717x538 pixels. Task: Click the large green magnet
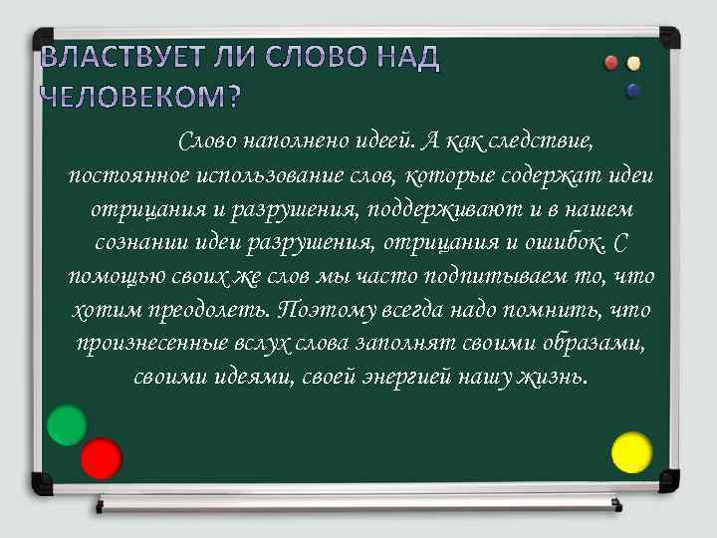point(68,425)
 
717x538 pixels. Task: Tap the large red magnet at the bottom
point(101,458)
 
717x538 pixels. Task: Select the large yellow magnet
point(631,451)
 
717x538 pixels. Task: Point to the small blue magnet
point(633,91)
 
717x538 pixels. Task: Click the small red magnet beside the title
point(612,63)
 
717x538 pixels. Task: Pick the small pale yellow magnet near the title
point(633,63)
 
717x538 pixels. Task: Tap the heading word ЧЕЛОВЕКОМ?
point(139,97)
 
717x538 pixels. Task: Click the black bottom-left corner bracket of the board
point(42,484)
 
